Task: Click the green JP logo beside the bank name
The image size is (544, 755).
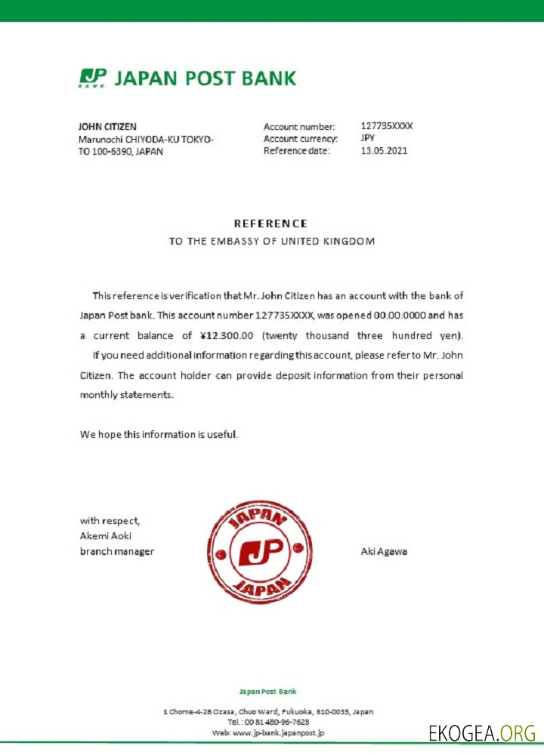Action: pos(93,78)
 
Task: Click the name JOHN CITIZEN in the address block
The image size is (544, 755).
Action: pos(108,127)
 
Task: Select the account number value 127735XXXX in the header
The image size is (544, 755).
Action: pos(386,126)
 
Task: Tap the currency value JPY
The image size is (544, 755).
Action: pos(368,138)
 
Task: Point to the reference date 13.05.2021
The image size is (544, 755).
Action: pos(384,151)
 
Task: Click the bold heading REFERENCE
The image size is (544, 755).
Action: pos(270,223)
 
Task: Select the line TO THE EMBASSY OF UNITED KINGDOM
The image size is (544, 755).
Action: pos(271,242)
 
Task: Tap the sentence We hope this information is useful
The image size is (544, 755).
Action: pos(159,434)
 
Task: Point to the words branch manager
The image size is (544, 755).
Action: pos(117,551)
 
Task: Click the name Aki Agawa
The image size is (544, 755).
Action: pos(385,551)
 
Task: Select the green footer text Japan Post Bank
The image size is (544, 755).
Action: pos(267,691)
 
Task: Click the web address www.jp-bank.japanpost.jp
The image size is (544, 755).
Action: pos(279,732)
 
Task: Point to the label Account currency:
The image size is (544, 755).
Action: pos(301,139)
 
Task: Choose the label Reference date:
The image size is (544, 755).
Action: pos(297,151)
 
